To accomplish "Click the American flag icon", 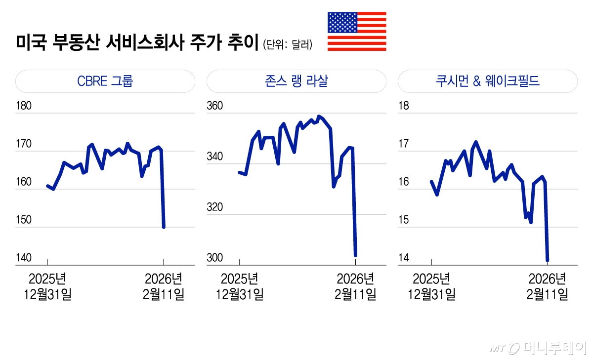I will pyautogui.click(x=357, y=32).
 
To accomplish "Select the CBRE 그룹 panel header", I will pyautogui.click(x=105, y=81).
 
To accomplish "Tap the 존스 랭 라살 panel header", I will pyautogui.click(x=296, y=81).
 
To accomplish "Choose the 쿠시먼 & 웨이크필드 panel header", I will pyautogui.click(x=488, y=81).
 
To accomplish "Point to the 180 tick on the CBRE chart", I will pyautogui.click(x=24, y=106).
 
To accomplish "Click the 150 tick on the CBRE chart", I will pyautogui.click(x=24, y=220).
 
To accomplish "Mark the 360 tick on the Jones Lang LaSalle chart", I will pyautogui.click(x=215, y=106).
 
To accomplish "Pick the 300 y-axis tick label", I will pyautogui.click(x=215, y=258).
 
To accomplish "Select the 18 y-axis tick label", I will pyautogui.click(x=404, y=106).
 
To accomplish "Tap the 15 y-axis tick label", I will pyautogui.click(x=404, y=220).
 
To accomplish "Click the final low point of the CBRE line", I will pyautogui.click(x=164, y=227).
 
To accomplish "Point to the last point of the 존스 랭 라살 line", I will pyautogui.click(x=355, y=255).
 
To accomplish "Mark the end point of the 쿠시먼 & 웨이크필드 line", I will pyautogui.click(x=547, y=260).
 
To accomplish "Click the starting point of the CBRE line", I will pyautogui.click(x=47, y=186).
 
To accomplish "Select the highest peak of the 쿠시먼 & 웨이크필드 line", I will pyautogui.click(x=476, y=142).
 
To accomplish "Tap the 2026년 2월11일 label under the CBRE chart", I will pyautogui.click(x=164, y=286).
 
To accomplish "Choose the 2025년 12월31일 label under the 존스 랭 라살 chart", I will pyautogui.click(x=240, y=286).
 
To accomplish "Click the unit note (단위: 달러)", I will pyautogui.click(x=288, y=45).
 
